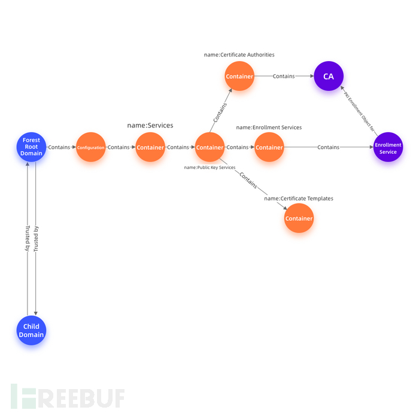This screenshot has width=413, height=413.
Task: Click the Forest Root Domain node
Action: click(31, 147)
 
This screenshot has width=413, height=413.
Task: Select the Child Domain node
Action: click(31, 330)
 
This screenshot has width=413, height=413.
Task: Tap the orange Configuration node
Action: click(90, 147)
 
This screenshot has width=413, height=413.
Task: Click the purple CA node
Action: click(329, 77)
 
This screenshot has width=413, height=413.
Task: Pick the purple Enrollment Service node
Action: click(388, 147)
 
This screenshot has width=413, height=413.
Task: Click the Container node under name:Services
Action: click(150, 147)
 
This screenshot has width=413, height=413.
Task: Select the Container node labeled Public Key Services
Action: click(209, 147)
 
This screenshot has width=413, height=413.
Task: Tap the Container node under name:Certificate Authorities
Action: click(239, 77)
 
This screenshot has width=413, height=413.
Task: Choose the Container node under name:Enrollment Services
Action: click(269, 147)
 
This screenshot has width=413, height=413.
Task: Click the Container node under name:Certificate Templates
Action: click(299, 218)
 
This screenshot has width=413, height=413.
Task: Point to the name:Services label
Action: click(150, 126)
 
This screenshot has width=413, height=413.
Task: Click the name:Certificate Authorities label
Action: click(239, 54)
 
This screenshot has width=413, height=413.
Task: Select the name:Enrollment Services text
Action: click(269, 127)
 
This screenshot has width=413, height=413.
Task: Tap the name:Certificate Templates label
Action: click(299, 198)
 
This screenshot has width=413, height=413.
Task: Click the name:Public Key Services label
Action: click(209, 168)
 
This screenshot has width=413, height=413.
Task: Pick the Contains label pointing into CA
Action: click(284, 77)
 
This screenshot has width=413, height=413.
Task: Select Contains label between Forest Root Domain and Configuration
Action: click(59, 147)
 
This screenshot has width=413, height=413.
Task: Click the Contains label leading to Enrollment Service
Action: click(329, 147)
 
